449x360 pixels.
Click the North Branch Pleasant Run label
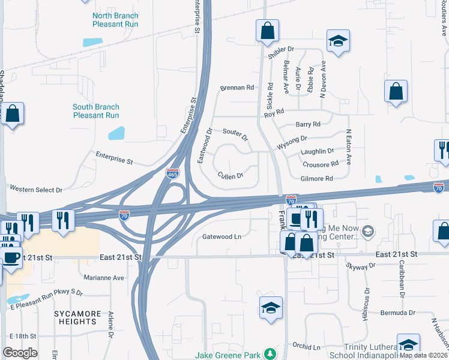(x=116, y=20)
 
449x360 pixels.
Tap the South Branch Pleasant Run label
(x=96, y=111)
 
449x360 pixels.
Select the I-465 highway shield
(x=172, y=173)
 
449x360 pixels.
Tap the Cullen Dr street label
(x=231, y=176)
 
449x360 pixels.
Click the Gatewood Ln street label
(x=221, y=236)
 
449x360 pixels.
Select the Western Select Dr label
(x=36, y=190)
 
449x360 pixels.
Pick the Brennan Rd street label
(x=237, y=88)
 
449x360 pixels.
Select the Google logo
(x=20, y=353)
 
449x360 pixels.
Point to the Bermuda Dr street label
(x=397, y=313)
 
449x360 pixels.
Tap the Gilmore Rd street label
(x=317, y=179)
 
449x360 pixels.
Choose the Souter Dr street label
(x=235, y=134)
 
